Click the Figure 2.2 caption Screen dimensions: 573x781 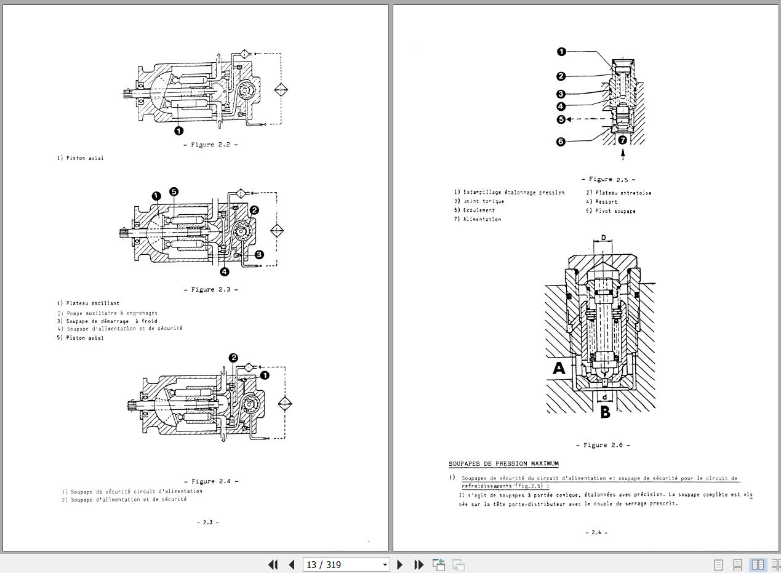tap(210, 145)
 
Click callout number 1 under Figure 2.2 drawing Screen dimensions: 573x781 tap(178, 130)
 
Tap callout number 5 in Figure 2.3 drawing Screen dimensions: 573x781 tap(174, 192)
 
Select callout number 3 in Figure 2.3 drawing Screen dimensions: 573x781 tap(259, 254)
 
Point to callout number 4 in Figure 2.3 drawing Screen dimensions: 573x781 tap(224, 271)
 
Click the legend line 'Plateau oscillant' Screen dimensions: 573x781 tap(89, 303)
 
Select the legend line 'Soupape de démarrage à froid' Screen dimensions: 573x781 tap(107, 321)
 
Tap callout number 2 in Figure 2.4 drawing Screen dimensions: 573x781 tap(233, 358)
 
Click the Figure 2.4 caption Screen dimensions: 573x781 tap(210, 481)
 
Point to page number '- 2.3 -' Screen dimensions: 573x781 tap(207, 522)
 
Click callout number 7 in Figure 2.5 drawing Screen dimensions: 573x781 tap(623, 140)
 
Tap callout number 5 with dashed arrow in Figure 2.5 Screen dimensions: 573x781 tap(561, 119)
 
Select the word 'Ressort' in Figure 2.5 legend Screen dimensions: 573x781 tap(606, 202)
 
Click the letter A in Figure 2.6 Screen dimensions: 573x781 tap(559, 369)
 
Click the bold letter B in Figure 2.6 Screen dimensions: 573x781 tap(605, 412)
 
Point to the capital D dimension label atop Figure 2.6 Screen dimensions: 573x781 tap(604, 238)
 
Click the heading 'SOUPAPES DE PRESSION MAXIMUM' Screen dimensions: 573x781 tap(503, 463)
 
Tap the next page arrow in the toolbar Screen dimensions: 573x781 tap(400, 564)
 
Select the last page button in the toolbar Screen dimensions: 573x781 tap(419, 564)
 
